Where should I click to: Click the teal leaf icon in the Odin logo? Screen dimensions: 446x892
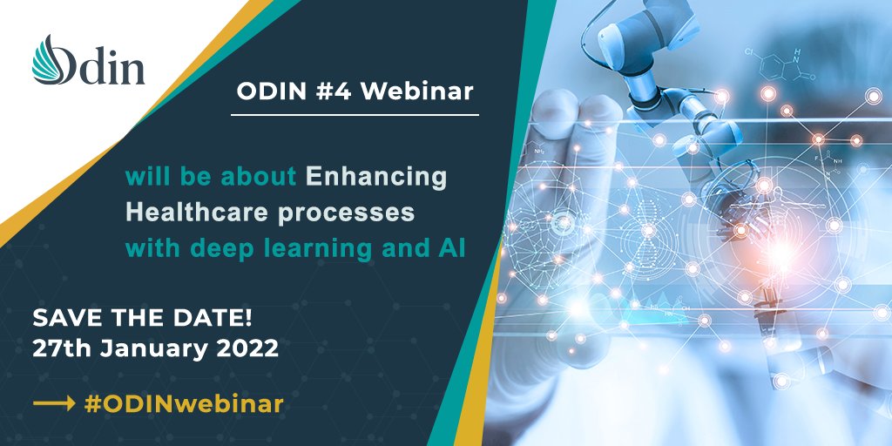coord(51,60)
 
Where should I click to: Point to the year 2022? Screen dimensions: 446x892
coord(249,349)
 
